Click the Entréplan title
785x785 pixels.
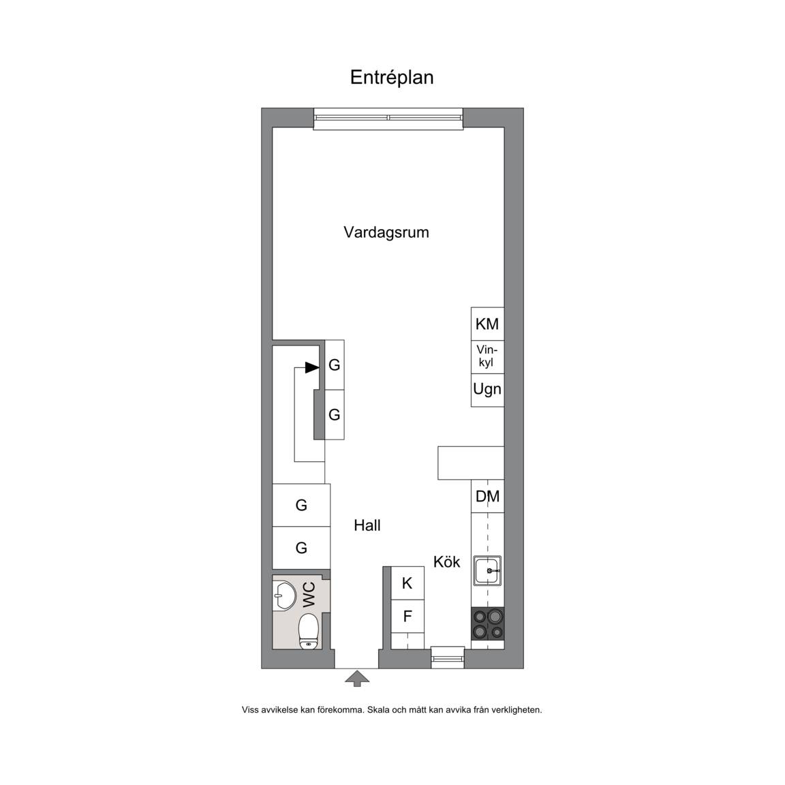(x=392, y=78)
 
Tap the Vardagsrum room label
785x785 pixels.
(x=386, y=232)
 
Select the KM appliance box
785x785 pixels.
(x=487, y=324)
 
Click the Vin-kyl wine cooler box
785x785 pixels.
(x=487, y=357)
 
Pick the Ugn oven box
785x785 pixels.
(x=487, y=390)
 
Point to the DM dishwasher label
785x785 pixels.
(x=487, y=496)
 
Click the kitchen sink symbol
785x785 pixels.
(x=487, y=570)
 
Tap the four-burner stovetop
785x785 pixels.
(x=488, y=624)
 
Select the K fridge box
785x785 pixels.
(x=407, y=583)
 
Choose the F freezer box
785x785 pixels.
(x=407, y=616)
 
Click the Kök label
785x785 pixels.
(x=446, y=561)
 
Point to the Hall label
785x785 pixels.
(x=367, y=525)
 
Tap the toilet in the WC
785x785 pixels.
(x=309, y=631)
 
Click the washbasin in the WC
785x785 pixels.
(x=285, y=596)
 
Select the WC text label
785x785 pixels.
(x=309, y=594)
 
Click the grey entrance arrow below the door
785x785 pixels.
(x=357, y=679)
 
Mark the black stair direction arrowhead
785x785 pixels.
(x=312, y=367)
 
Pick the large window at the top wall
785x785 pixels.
(x=388, y=119)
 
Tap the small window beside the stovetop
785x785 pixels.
(x=448, y=658)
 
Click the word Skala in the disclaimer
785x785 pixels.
(x=379, y=710)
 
